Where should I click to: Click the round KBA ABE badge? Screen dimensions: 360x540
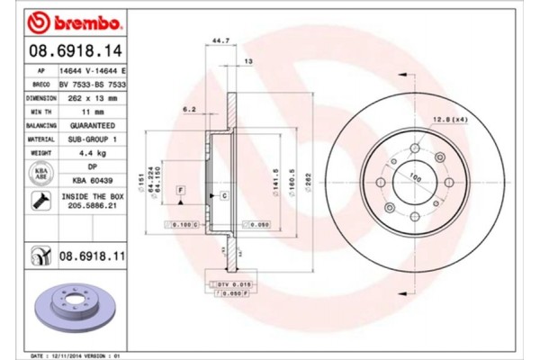coord(40,173)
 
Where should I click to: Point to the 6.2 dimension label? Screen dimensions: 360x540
coord(190,109)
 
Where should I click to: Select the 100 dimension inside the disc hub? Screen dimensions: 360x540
coord(415,176)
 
